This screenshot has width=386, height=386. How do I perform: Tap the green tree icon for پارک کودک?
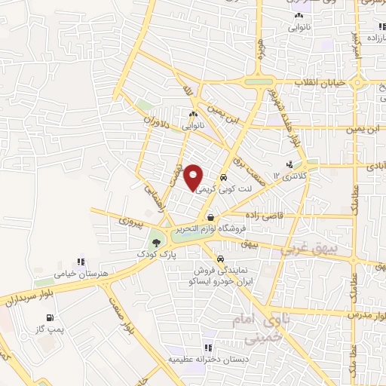click(x=156, y=242)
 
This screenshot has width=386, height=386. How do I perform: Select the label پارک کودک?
click(x=155, y=255)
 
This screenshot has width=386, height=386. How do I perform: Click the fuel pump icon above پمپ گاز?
click(x=49, y=317)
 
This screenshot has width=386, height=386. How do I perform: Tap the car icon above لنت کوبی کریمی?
click(x=222, y=179)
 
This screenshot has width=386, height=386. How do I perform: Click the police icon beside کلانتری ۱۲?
click(x=289, y=164)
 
